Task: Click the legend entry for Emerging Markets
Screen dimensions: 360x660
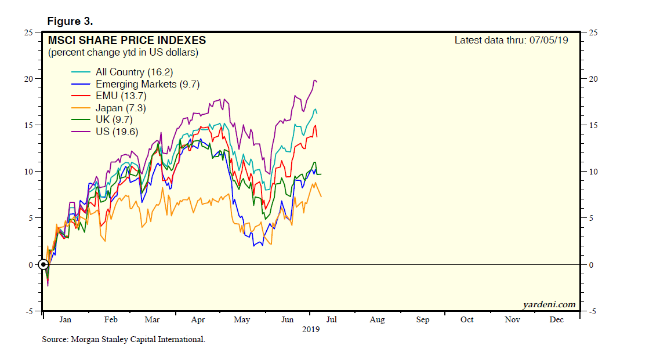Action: (147, 84)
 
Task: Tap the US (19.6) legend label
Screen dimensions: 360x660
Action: (114, 132)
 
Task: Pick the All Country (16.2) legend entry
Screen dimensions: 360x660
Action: (134, 72)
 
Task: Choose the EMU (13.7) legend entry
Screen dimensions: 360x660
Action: (118, 96)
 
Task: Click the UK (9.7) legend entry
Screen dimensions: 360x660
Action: (114, 119)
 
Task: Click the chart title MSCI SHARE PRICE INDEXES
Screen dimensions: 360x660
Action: (126, 41)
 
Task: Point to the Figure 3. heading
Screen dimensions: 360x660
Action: (70, 21)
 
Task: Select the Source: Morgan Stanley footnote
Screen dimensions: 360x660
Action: (124, 339)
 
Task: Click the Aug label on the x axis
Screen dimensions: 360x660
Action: (377, 319)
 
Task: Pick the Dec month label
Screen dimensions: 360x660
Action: (556, 319)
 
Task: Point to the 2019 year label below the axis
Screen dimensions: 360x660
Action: (310, 329)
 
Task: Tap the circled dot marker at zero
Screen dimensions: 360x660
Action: (43, 265)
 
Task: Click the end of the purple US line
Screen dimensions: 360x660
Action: (317, 82)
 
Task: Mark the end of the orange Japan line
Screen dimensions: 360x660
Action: (321, 197)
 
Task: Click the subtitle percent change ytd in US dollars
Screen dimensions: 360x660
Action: (123, 53)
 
